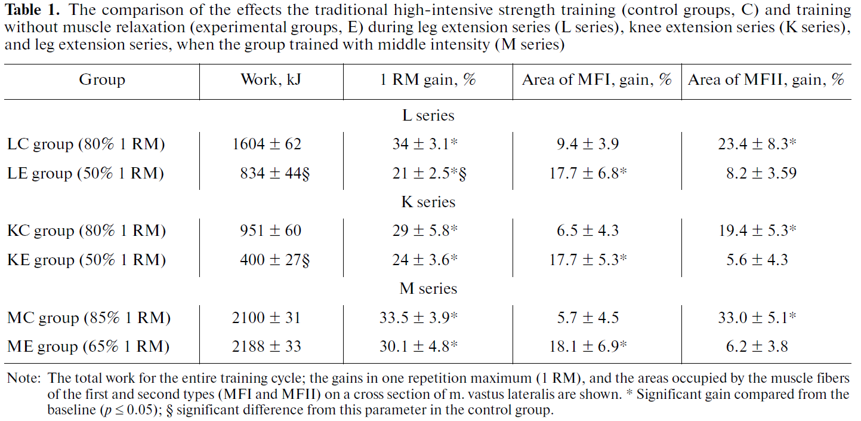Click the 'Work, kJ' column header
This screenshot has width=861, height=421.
pos(271,80)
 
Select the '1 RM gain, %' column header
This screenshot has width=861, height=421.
pos(428,80)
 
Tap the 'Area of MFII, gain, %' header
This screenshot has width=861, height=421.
pos(766,80)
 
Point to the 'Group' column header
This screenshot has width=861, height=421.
pos(102,80)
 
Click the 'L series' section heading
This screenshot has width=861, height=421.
pos(428,115)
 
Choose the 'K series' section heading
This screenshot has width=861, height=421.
pos(428,202)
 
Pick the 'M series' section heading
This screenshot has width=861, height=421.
pos(428,288)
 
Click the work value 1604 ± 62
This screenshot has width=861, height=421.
pos(267,144)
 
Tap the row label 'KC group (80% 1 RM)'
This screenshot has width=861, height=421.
pos(86,231)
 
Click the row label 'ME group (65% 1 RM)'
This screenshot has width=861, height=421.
pos(88,346)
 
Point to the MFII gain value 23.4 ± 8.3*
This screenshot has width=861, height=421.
pos(757,144)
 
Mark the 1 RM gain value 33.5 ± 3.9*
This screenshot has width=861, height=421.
pos(418,318)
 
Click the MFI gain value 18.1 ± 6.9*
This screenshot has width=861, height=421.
pos(588,346)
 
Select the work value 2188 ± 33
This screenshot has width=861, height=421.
pos(267,346)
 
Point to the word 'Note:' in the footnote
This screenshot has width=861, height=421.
pos(24,379)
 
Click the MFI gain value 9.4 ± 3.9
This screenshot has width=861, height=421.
pos(588,144)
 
